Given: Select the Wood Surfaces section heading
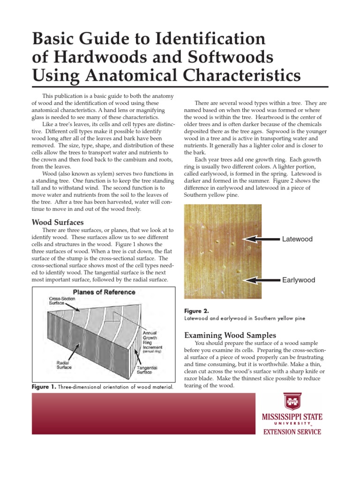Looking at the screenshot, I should click(57, 222).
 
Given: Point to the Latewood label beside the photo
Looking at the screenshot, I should click(297, 239).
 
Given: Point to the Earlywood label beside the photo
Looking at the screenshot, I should click(299, 280).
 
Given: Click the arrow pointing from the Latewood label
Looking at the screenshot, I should click(262, 239).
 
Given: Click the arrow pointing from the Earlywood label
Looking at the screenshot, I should click(262, 280).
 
